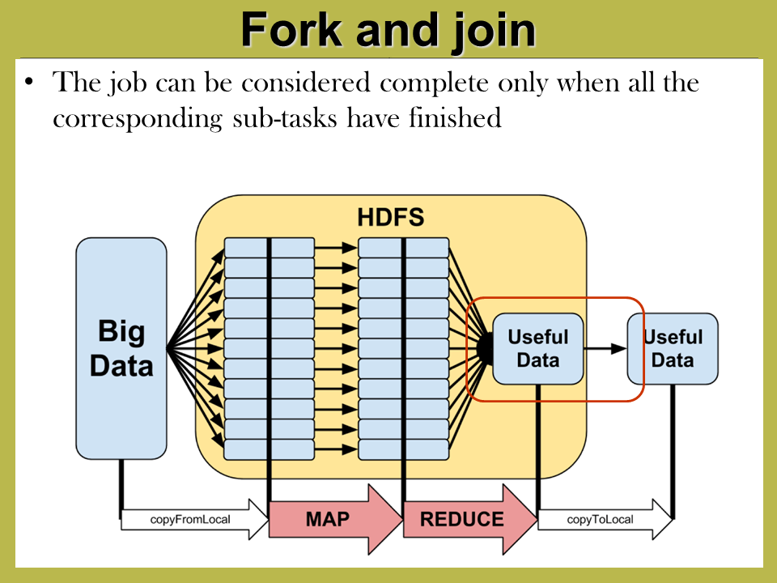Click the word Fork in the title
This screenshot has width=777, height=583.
(291, 30)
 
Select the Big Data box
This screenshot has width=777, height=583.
(121, 348)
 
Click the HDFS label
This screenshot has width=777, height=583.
(390, 217)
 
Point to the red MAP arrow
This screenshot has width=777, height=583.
(335, 519)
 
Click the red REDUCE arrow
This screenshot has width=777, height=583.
(470, 519)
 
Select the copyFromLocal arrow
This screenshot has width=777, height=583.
(194, 520)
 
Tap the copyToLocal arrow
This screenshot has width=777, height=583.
(605, 520)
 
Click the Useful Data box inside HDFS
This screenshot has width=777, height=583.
(538, 348)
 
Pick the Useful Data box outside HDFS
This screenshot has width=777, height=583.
(673, 348)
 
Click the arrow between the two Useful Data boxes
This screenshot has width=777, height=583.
(605, 348)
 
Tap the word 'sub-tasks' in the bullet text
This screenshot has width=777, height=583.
(285, 118)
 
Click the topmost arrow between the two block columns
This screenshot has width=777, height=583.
(336, 247)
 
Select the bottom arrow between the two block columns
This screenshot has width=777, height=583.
(336, 449)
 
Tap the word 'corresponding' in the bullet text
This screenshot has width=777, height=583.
(138, 120)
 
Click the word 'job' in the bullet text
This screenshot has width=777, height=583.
(128, 83)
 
